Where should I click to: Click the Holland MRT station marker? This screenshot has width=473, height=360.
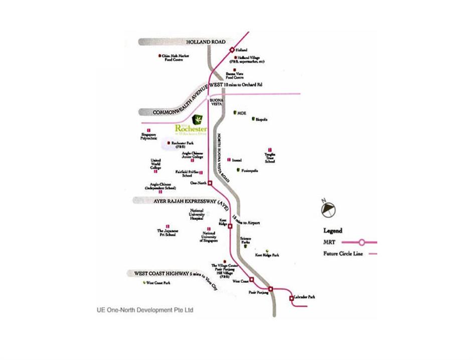click(232, 50)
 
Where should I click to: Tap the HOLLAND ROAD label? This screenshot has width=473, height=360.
click(206, 42)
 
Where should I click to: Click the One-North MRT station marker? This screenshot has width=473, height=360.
click(210, 184)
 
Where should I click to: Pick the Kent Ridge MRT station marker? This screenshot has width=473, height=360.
click(230, 226)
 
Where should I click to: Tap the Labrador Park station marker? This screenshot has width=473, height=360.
click(291, 299)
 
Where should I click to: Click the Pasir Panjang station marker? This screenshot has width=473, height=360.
click(270, 289)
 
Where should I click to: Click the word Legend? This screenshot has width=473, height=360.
click(333, 230)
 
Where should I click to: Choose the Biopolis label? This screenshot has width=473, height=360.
click(262, 119)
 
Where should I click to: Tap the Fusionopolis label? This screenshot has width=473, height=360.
click(249, 171)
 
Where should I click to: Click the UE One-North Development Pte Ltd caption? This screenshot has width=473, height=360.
click(145, 310)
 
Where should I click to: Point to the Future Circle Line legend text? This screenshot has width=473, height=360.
click(344, 254)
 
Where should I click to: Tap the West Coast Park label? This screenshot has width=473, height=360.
click(159, 283)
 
